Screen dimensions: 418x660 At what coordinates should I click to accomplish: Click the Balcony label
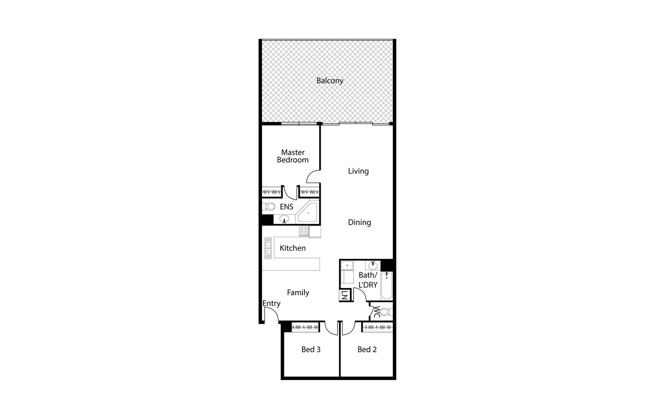coord(330,81)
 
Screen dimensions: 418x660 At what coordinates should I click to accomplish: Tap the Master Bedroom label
coord(293,156)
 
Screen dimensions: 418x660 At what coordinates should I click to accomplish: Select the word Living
coord(358,171)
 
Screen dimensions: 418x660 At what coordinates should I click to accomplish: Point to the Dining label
coord(359,222)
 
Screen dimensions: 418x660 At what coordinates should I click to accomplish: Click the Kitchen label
coord(292,248)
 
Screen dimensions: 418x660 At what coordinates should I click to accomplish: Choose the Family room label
coord(298,293)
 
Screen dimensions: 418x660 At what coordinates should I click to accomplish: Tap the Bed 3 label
coord(311,349)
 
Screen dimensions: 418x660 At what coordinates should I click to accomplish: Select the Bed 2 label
coord(367,349)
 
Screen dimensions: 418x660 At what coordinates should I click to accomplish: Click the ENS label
coord(286,207)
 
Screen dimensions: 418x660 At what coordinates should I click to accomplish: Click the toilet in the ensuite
coord(270,207)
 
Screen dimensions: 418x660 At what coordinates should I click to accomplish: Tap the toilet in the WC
coord(385,312)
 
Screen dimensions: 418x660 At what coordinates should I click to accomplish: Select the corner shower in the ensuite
coord(308,212)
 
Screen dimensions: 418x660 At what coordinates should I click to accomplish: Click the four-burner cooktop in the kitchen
coord(304,231)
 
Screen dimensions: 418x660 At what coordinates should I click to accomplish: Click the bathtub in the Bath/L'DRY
coord(386,286)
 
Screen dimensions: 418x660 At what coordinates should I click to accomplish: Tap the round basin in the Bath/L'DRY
coord(373,266)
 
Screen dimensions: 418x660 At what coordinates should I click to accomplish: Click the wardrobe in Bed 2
coord(378,327)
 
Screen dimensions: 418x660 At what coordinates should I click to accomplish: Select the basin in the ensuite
coord(285,219)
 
